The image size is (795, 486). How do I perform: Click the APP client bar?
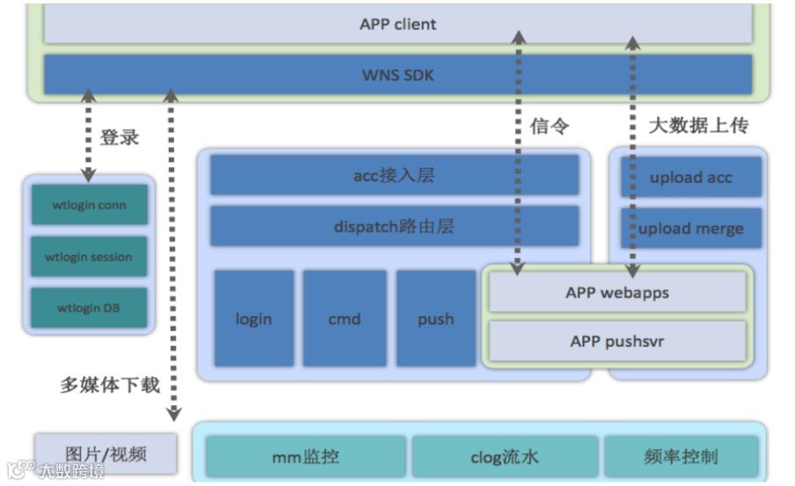pyautogui.click(x=397, y=24)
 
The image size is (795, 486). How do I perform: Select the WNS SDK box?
pyautogui.click(x=397, y=75)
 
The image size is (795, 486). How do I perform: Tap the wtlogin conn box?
pyautogui.click(x=90, y=205)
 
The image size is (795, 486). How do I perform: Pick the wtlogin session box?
pyautogui.click(x=90, y=257)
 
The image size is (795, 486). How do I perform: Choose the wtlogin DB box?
pyautogui.click(x=90, y=308)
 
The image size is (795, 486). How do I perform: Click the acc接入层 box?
pyautogui.click(x=394, y=176)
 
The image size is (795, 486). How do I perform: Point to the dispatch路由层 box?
pyautogui.click(x=394, y=226)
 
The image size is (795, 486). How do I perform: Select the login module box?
pyautogui.click(x=253, y=319)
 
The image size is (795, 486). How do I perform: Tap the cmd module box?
pyautogui.click(x=344, y=319)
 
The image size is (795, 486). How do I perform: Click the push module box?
pyautogui.click(x=435, y=319)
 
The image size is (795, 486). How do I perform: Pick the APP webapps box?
pyautogui.click(x=616, y=292)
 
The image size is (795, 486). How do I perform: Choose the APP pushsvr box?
pyautogui.click(x=616, y=342)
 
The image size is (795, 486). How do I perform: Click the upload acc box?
pyautogui.click(x=690, y=177)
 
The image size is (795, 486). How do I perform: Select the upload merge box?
pyautogui.click(x=690, y=229)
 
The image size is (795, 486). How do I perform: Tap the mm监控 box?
pyautogui.click(x=305, y=456)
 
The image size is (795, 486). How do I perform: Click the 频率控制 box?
pyautogui.click(x=681, y=456)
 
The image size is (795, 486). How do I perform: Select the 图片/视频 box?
pyautogui.click(x=106, y=454)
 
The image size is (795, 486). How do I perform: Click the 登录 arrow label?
pyautogui.click(x=120, y=137)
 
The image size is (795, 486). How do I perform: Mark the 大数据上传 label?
pyautogui.click(x=698, y=126)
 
